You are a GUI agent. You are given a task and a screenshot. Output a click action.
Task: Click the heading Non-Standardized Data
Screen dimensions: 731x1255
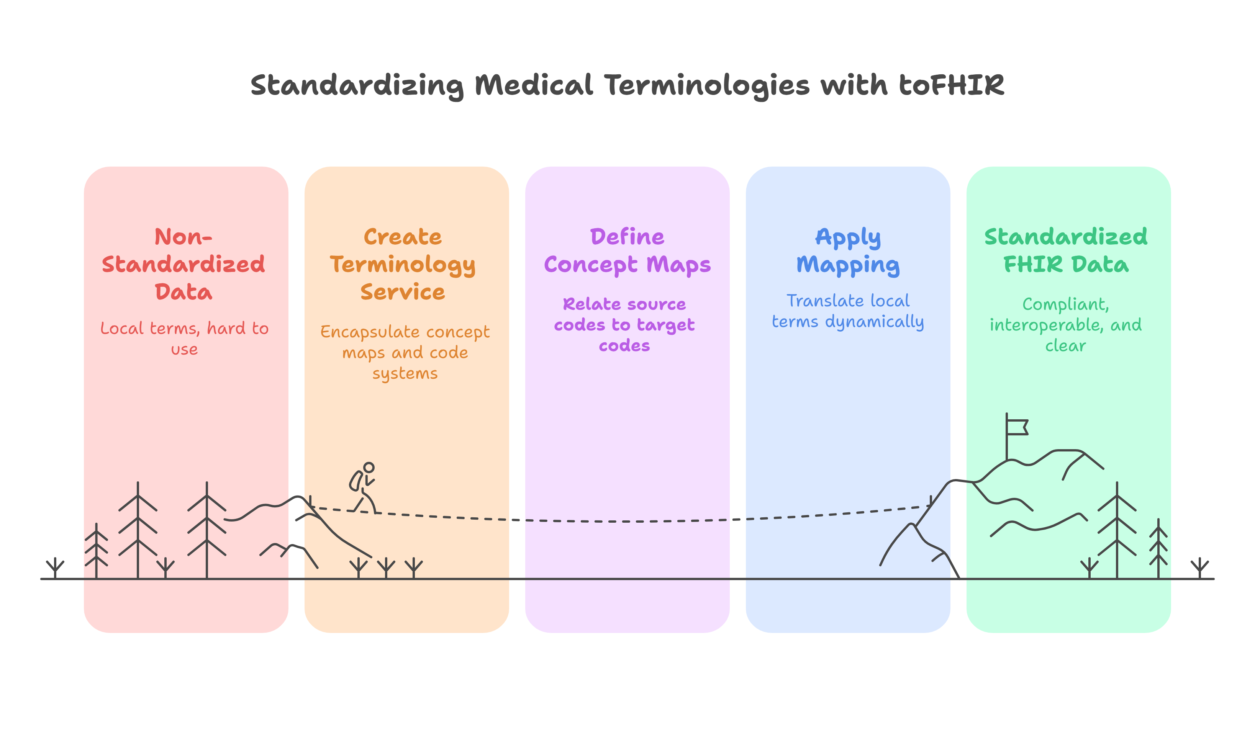coord(183,264)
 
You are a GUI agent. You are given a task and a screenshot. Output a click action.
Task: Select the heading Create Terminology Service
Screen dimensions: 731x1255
coord(402,264)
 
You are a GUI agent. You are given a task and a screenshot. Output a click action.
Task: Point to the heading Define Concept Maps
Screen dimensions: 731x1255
coord(627,250)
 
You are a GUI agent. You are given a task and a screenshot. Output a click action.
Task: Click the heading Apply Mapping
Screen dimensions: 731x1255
coord(848,250)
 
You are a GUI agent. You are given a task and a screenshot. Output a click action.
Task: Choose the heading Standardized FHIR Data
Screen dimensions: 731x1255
coord(1065,250)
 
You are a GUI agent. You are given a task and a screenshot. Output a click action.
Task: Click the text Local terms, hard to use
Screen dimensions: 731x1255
coord(184,338)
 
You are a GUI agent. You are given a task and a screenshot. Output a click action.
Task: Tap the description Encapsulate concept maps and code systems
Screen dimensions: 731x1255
coord(405,352)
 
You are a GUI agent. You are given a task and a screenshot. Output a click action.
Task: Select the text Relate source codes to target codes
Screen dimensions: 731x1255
coord(624,325)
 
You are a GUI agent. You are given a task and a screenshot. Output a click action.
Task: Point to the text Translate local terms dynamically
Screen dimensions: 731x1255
coord(848,311)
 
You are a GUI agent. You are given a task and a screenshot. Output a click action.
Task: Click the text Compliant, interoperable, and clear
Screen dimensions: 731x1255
coord(1065,325)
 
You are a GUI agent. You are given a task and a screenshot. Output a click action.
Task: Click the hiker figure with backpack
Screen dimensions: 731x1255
coord(363,488)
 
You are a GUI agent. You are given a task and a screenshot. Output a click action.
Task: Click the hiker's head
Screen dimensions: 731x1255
coord(369,468)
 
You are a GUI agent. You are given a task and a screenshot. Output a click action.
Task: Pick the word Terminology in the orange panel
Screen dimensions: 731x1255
coord(402,265)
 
